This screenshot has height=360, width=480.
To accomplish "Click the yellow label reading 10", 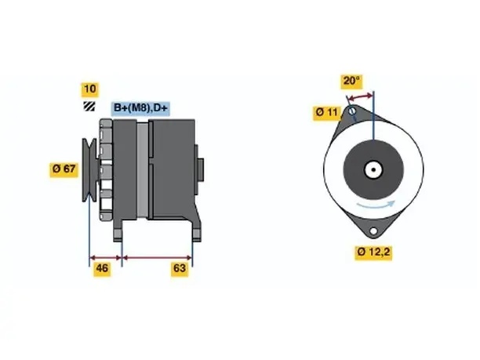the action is [x=90, y=89].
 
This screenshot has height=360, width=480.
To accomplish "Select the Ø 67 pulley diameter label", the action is [x=64, y=169].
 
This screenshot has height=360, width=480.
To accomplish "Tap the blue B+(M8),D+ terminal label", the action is [x=140, y=108].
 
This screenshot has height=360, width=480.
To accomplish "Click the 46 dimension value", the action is [x=102, y=268].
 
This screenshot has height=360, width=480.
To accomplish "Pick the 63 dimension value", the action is [x=180, y=268].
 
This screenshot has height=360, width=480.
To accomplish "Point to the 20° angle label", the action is [x=351, y=81].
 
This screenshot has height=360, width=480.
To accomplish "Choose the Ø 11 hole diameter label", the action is [x=326, y=113].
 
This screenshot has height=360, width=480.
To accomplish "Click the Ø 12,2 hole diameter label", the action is [x=373, y=253].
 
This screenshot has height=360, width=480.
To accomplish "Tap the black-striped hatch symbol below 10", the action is [x=89, y=106].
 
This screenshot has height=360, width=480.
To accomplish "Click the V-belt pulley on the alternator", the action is [x=89, y=170].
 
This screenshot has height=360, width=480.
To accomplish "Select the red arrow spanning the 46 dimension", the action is [x=106, y=257].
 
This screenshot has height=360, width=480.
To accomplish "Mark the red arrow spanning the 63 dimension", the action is [x=157, y=257].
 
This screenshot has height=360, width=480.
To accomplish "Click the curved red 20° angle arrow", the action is [x=361, y=97].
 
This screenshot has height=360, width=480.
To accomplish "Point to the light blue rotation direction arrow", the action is [x=376, y=205].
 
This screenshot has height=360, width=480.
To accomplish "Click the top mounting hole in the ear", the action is [x=352, y=111].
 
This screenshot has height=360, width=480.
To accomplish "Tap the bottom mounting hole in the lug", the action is [x=373, y=231].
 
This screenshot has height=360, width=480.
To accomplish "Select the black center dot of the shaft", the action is [x=374, y=169].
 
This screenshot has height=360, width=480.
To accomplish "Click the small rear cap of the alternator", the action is [x=199, y=170].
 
